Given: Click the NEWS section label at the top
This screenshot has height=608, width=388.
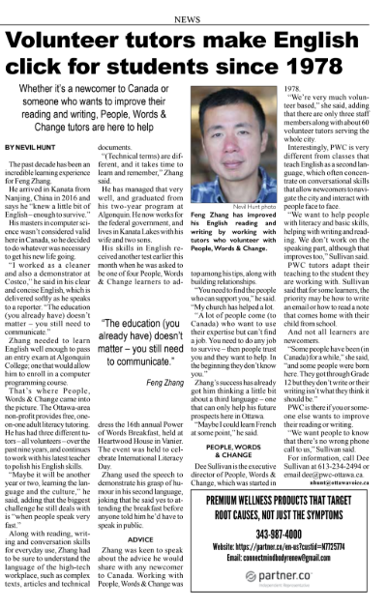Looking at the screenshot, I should [x=194, y=7].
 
